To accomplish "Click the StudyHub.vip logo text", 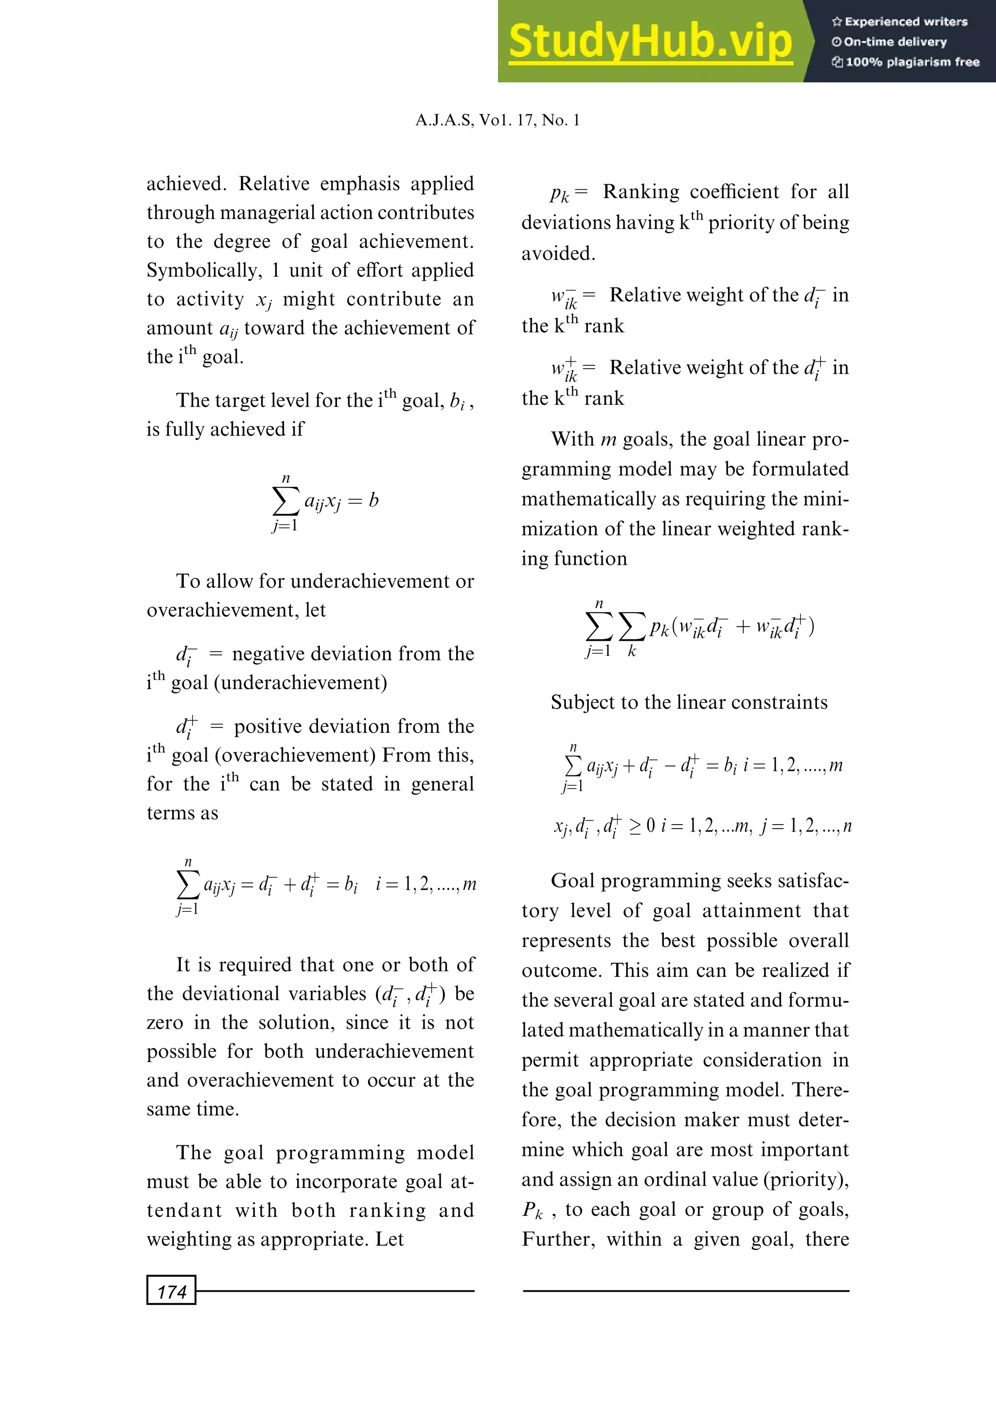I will [x=650, y=42].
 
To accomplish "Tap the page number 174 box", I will [x=171, y=1292].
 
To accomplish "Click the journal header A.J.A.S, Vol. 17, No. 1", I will [x=498, y=120].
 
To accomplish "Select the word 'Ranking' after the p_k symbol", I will [x=641, y=192].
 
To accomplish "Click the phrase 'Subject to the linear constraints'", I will [x=689, y=702].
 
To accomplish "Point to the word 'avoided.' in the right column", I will [x=558, y=253].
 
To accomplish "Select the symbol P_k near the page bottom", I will [x=533, y=1210].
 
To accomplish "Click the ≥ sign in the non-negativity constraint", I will [x=635, y=826].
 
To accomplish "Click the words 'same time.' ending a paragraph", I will [x=193, y=1109].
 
